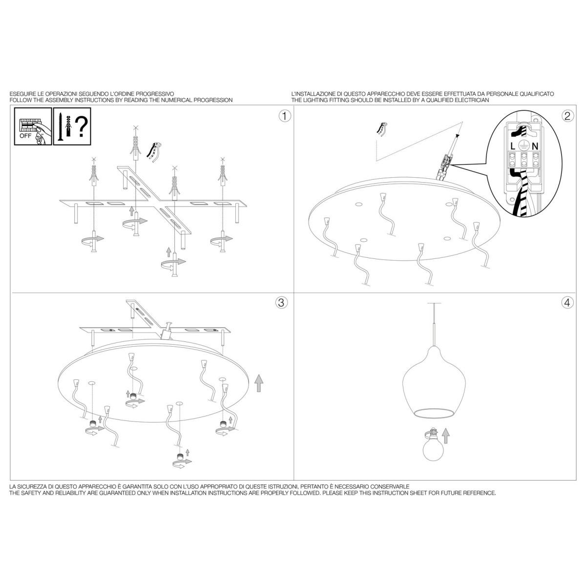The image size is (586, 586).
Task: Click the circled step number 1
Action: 284,116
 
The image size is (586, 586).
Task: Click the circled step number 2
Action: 567,116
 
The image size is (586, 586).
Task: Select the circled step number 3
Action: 281,303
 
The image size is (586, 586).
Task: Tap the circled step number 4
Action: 567,303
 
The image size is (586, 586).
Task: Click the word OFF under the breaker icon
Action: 25,136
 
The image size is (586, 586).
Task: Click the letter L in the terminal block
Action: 513,146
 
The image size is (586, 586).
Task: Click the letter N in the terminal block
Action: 535,146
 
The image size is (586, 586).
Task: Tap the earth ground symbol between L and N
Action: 524,145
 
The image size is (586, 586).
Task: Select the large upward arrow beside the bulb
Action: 445,436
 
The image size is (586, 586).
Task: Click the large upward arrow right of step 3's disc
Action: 259,383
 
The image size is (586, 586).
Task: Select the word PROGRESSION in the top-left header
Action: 213,100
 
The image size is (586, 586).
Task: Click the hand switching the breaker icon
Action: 39,136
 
